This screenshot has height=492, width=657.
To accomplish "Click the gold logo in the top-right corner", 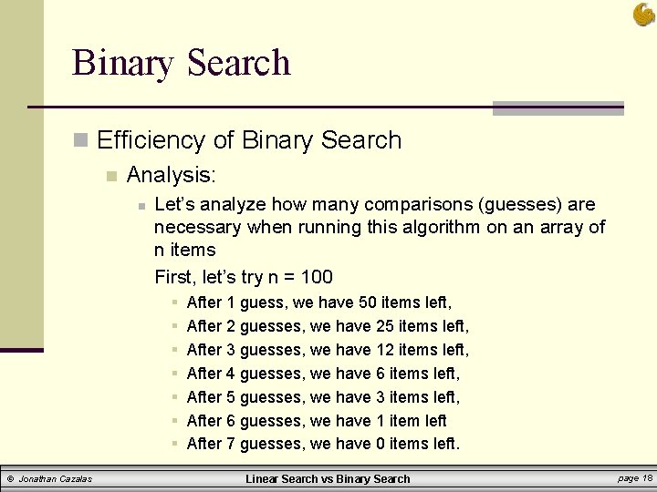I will pos(643,14).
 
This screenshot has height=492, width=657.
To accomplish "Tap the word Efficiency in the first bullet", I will pos(151,140).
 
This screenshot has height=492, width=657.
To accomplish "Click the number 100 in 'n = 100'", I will pos(316,277).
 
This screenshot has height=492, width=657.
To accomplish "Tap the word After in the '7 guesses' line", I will pos(204,445).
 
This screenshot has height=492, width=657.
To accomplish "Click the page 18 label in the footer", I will pos(634,478).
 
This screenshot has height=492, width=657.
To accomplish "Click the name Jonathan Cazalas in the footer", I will pos(55,479).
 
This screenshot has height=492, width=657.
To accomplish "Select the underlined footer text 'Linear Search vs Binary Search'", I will pos(328,479).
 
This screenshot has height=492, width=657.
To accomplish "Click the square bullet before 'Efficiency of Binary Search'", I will pos(81,141).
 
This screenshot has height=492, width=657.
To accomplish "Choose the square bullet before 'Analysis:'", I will pos(110,175).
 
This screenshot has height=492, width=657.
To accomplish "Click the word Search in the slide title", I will pos(238,63).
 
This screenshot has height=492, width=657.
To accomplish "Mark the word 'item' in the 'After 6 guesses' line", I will pos(404,421).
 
